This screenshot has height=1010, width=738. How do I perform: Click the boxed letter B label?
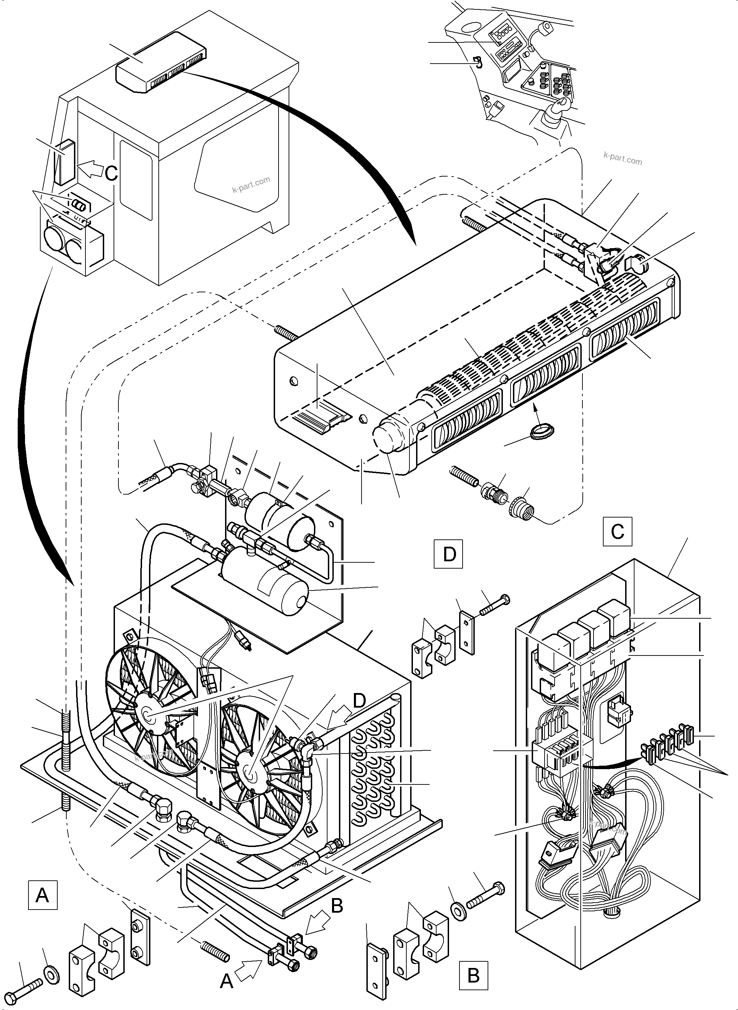pyautogui.click(x=473, y=975)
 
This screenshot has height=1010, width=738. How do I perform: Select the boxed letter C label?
pyautogui.click(x=617, y=532)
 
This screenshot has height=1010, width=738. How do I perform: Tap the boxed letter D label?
pyautogui.click(x=448, y=554)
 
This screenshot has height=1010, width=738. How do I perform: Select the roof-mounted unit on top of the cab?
pyautogui.click(x=161, y=63)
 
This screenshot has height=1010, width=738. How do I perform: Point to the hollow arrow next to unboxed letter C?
pyautogui.click(x=90, y=169)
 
